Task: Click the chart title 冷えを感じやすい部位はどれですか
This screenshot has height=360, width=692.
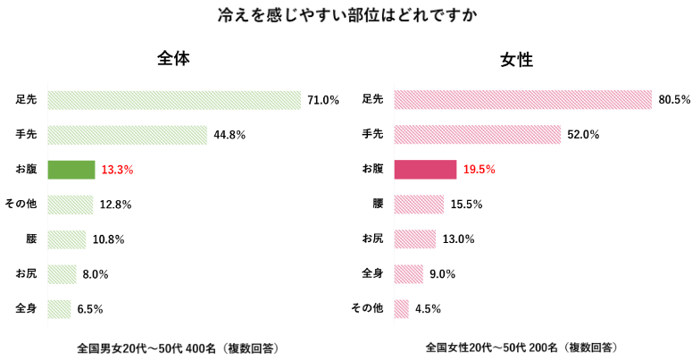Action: click(x=346, y=16)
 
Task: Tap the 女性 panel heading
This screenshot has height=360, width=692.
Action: click(x=517, y=60)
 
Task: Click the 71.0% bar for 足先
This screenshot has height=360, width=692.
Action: click(x=174, y=100)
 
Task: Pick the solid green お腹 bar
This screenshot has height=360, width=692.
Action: click(x=71, y=170)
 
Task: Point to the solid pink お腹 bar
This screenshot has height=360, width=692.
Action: click(x=425, y=170)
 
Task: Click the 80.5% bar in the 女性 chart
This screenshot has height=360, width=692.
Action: click(x=522, y=100)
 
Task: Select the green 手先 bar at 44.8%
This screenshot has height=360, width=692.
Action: click(x=127, y=135)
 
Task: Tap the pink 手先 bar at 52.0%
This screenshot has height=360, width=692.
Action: click(x=477, y=135)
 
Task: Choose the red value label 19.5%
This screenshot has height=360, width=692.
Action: click(x=479, y=170)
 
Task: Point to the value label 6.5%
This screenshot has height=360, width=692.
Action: click(x=89, y=309)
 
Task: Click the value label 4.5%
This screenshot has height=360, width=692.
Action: click(x=428, y=309)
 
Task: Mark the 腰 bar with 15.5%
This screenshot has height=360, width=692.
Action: click(x=419, y=205)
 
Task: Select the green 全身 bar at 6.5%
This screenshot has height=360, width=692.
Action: click(x=59, y=309)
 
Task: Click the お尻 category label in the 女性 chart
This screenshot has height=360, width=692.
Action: click(x=371, y=239)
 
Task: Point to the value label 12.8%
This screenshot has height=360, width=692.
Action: click(x=115, y=205)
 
